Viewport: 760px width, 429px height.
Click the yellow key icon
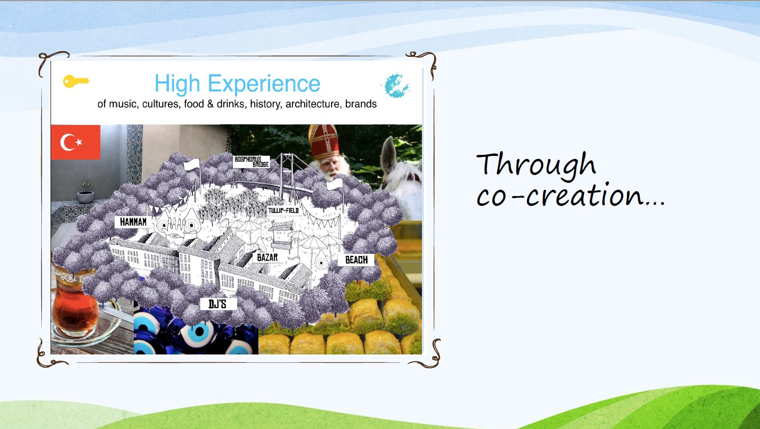pyautogui.click(x=76, y=81)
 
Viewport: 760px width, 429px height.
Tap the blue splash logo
pyautogui.click(x=396, y=85)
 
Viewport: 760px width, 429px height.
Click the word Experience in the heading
pyautogui.click(x=264, y=83)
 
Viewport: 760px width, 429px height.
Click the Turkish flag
pyautogui.click(x=76, y=142)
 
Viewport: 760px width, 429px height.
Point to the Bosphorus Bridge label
pyautogui.click(x=251, y=162)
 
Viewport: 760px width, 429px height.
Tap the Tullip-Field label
pyautogui.click(x=283, y=210)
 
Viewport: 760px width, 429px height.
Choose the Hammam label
pyautogui.click(x=133, y=222)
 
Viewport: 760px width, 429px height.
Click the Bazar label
pyautogui.click(x=267, y=257)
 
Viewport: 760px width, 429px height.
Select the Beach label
pyautogui.click(x=356, y=260)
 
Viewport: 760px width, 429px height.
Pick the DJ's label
pyautogui.click(x=217, y=304)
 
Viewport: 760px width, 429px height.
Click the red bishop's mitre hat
pyautogui.click(x=324, y=142)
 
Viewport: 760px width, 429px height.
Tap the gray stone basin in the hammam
pyautogui.click(x=85, y=197)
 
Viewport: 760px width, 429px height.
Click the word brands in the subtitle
pyautogui.click(x=361, y=104)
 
